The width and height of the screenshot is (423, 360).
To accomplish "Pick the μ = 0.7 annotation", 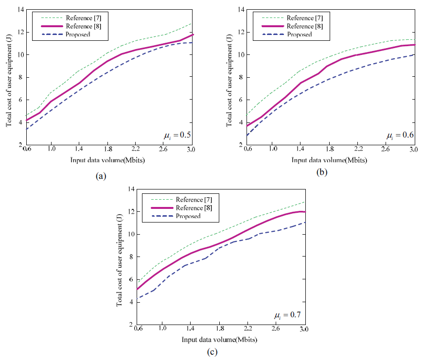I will [287, 315].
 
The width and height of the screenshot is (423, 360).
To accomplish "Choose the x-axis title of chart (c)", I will [219, 339].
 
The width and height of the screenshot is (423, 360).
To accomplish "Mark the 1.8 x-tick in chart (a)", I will [108, 150].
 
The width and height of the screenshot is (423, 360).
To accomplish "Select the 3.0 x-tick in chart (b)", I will [414, 150].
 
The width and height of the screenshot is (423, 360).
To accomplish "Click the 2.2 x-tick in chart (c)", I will [248, 329].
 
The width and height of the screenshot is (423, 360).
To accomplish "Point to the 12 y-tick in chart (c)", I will [130, 212].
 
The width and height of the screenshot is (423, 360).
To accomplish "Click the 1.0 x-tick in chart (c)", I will [162, 329].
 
